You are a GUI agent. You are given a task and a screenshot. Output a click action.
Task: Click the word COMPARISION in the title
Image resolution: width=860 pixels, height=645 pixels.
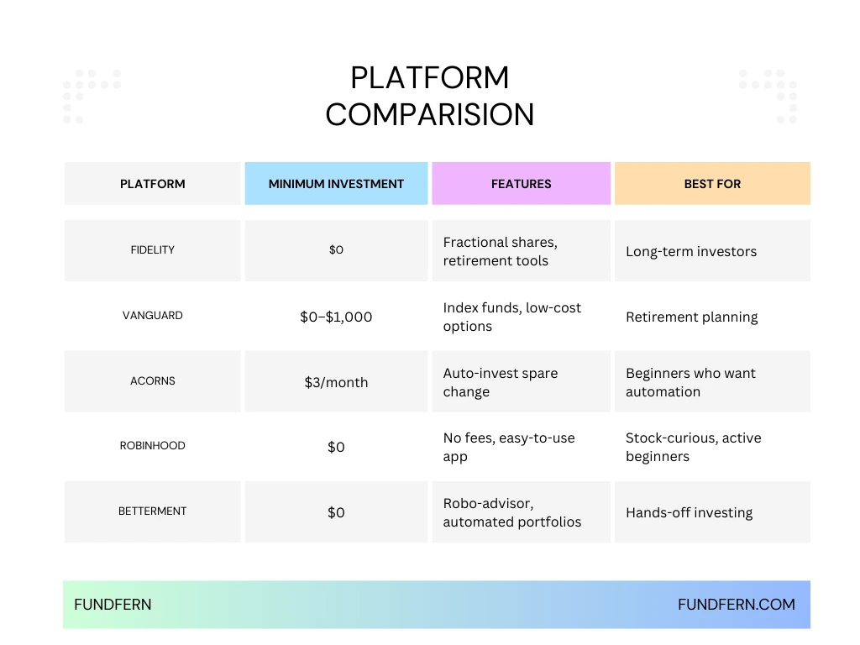point(429,114)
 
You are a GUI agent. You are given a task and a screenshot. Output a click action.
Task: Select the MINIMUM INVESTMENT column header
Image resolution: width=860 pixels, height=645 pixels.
point(336,184)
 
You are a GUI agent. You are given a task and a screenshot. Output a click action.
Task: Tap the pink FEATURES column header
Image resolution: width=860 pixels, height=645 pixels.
point(521,184)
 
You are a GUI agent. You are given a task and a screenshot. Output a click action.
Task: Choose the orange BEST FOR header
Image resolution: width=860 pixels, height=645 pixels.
point(712,184)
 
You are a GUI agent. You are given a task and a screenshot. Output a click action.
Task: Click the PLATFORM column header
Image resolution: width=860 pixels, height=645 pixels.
point(153,184)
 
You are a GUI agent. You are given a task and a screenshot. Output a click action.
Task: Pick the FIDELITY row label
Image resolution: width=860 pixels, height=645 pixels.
point(153,250)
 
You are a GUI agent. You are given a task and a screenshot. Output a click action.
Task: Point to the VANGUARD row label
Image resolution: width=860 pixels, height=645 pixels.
point(153,316)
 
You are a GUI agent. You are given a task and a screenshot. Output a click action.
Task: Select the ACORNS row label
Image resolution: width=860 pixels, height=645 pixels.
point(153,381)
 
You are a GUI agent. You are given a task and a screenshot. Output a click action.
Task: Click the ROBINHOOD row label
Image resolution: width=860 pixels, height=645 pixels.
point(153,446)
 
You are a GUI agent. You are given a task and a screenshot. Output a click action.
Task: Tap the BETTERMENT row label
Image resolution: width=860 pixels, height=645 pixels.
point(153,511)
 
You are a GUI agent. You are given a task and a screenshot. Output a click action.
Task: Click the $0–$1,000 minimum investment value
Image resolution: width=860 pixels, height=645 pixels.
point(336,317)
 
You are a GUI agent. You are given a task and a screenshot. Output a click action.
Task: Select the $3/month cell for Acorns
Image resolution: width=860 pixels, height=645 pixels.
point(336,382)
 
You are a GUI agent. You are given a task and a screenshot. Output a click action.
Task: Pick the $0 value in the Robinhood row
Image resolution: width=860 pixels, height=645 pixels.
point(336,447)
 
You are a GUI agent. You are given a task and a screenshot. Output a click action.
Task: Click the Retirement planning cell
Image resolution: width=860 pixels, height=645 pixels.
point(691,317)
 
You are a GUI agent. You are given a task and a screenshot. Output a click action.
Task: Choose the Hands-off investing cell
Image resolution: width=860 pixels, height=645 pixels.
point(689,512)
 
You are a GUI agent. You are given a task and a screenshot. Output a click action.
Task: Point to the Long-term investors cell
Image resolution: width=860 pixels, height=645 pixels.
point(690,251)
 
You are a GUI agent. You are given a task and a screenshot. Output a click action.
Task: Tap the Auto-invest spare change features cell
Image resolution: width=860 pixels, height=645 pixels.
point(500,382)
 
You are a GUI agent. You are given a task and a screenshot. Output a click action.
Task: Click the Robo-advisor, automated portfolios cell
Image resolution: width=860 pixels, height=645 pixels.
point(511,512)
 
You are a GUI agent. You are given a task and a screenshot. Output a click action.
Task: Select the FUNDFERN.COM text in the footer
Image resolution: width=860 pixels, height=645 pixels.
point(736,605)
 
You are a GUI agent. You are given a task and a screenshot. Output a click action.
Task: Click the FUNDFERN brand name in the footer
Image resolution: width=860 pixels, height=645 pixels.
point(113,605)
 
